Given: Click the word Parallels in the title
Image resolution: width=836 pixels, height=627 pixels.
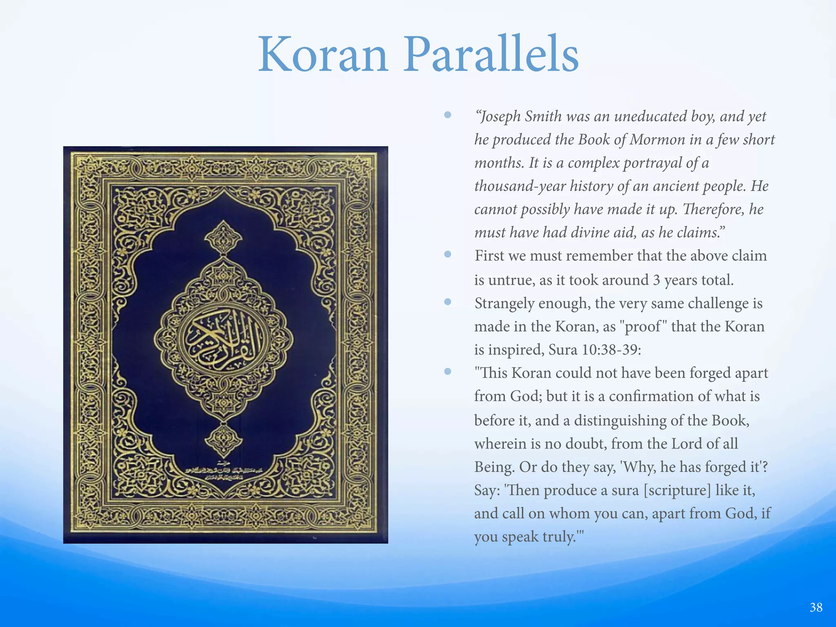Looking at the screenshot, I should pyautogui.click(x=491, y=55).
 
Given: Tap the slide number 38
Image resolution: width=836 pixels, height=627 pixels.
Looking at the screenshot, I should pyautogui.click(x=816, y=607).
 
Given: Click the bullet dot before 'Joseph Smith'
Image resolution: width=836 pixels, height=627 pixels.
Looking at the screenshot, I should pyautogui.click(x=448, y=115).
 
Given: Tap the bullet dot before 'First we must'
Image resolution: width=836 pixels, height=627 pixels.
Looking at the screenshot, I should pyautogui.click(x=448, y=255).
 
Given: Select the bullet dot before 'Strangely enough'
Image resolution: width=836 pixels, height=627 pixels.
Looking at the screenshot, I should pyautogui.click(x=448, y=302).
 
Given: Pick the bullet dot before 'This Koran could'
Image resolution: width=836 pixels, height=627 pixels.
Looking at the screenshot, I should pyautogui.click(x=448, y=371).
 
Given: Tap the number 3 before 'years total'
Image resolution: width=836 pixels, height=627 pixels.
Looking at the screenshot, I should pyautogui.click(x=656, y=280).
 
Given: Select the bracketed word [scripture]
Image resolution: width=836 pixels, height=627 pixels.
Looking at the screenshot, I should pyautogui.click(x=677, y=490).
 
